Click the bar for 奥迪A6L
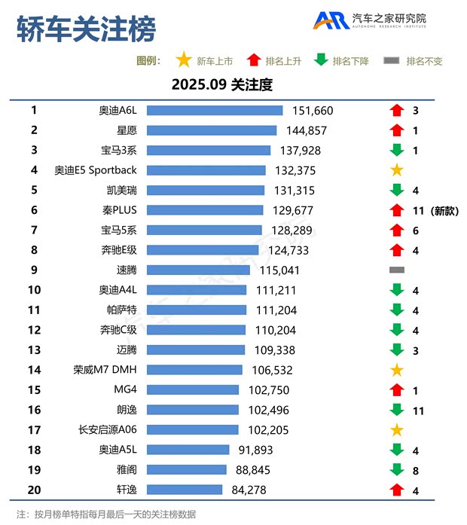214,111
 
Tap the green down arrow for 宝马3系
397,150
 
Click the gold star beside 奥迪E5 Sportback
397,170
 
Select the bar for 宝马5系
204,230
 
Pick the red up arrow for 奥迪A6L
397,111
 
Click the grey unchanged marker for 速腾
397,270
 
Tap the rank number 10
34,289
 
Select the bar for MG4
193,389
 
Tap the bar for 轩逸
185,490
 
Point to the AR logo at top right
331,20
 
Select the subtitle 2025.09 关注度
221,84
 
